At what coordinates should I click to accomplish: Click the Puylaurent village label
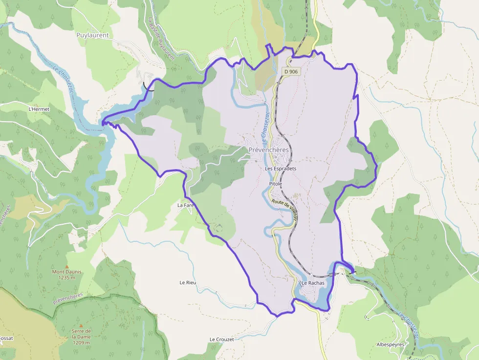(x=92, y=35)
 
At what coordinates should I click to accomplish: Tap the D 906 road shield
(x=291, y=71)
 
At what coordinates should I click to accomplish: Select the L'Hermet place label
(x=39, y=109)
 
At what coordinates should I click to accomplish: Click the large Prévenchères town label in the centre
(x=269, y=149)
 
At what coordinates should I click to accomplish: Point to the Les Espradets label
(x=281, y=169)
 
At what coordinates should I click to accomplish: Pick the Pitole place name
(x=276, y=183)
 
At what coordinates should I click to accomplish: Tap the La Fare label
(x=186, y=206)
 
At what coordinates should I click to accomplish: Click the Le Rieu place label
(x=188, y=282)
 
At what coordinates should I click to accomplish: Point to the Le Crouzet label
(x=222, y=339)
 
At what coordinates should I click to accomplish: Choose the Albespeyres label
(x=391, y=344)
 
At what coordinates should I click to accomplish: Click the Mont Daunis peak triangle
(x=67, y=266)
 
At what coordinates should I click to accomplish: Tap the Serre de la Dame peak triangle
(x=82, y=325)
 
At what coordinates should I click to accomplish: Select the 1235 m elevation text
(x=67, y=278)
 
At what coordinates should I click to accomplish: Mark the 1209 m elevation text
(x=82, y=342)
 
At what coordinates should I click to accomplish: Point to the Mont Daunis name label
(x=67, y=272)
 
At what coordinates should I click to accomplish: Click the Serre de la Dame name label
(x=82, y=334)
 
